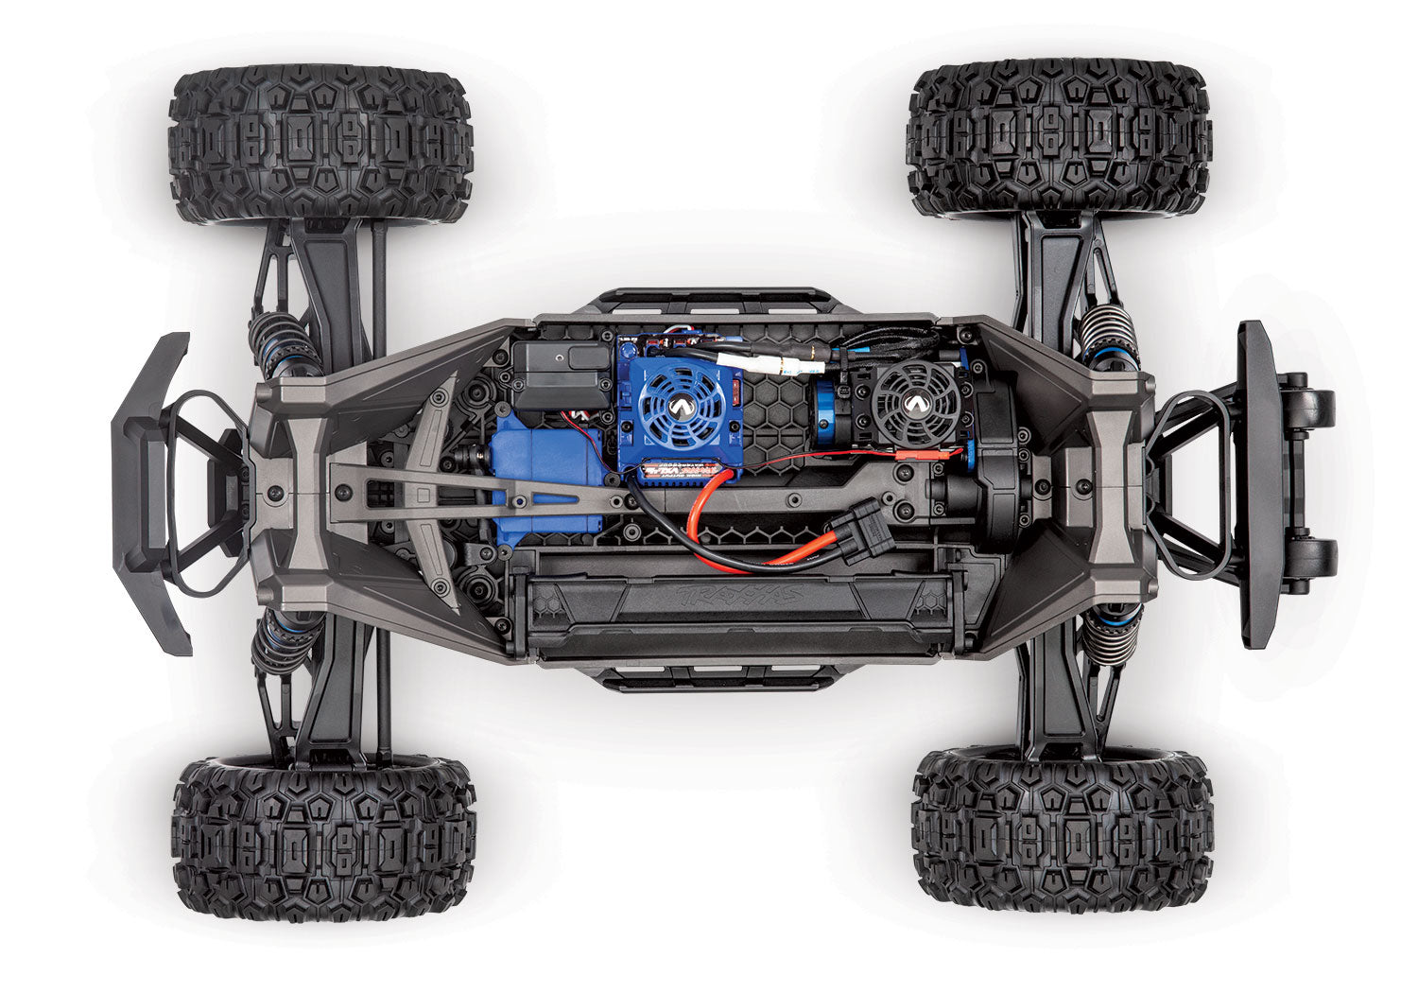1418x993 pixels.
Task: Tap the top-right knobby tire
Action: point(1061,137)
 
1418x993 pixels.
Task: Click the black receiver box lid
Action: point(561,364)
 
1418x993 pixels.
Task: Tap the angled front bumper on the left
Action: point(151,492)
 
